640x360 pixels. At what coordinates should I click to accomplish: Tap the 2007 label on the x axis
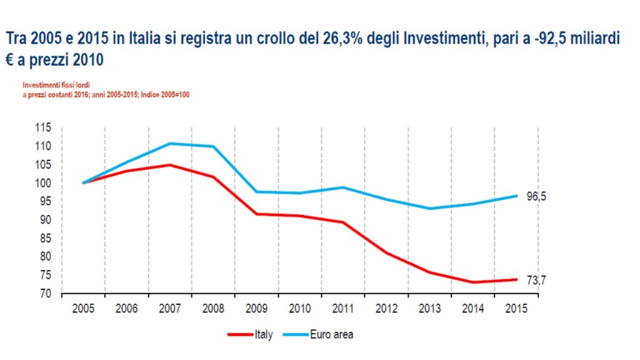[169, 308]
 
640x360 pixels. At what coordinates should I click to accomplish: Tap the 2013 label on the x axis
[429, 308]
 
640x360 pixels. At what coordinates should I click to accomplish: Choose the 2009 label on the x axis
[256, 308]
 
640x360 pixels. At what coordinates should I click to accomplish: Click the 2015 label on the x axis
[516, 308]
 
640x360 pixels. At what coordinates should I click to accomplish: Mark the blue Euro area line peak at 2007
[170, 144]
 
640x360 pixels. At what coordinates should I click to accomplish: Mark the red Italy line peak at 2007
[170, 165]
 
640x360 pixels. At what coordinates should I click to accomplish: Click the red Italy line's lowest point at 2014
[473, 282]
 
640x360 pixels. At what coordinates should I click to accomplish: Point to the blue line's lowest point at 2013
[430, 208]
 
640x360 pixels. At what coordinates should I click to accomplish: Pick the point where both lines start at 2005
[83, 183]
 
